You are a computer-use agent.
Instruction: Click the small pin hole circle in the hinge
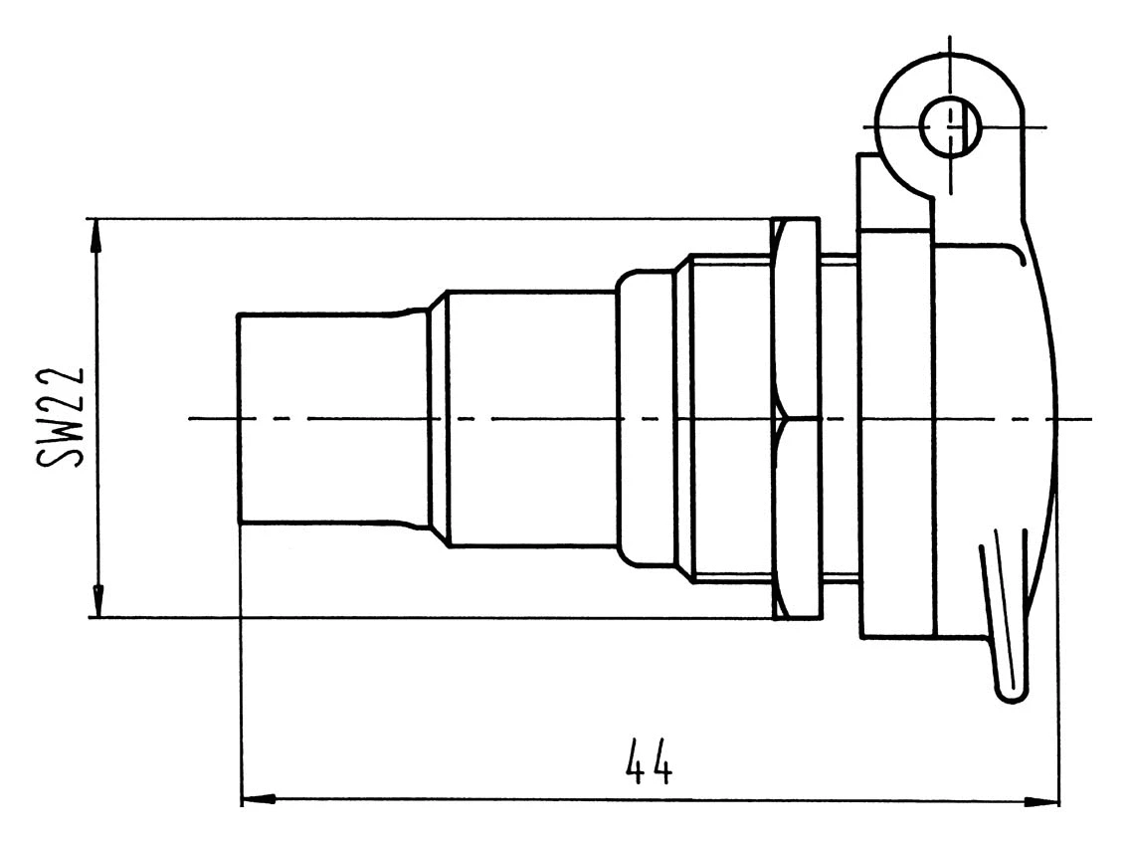949,127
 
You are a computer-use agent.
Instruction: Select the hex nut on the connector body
796,418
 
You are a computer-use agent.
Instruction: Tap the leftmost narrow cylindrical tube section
318,418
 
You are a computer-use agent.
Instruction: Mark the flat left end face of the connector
239,418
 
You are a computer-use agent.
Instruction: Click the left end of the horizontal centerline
192,419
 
